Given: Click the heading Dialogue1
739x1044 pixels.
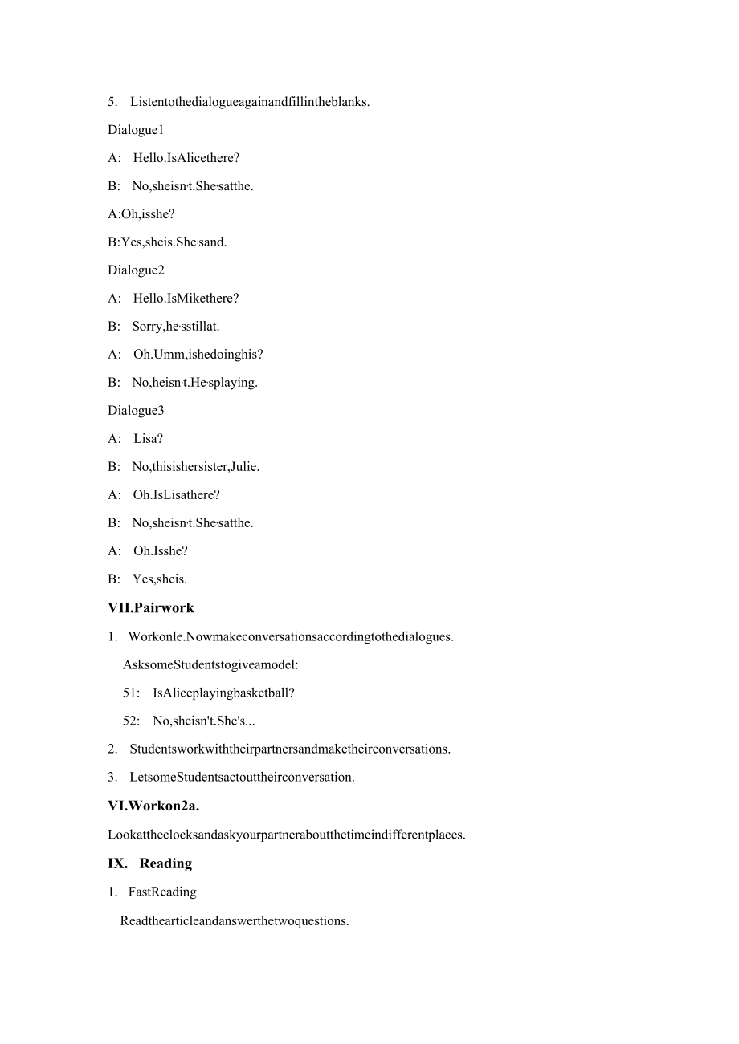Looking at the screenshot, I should [x=136, y=130].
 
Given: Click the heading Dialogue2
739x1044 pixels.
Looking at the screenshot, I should [x=136, y=270].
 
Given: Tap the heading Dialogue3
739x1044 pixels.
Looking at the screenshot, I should [x=136, y=411].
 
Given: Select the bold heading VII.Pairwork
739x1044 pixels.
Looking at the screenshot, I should [x=151, y=608].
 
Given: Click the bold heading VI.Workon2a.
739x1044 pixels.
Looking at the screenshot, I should [x=153, y=806].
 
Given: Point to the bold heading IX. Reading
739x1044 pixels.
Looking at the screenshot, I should [x=150, y=863].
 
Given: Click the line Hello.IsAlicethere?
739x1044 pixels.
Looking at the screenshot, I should [x=186, y=158].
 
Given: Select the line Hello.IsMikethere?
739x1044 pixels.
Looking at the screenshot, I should [x=186, y=299].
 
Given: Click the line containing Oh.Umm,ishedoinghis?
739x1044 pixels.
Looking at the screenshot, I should [x=198, y=355].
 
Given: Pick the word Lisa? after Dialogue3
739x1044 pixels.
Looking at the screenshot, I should [x=149, y=439].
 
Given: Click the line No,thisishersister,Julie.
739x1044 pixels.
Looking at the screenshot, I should [x=195, y=467].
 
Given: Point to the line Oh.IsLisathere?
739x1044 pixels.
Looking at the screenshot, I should [x=176, y=495].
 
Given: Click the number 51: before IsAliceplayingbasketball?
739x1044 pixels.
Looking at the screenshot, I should [x=131, y=693].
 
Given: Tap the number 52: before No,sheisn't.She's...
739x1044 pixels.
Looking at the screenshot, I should [x=131, y=721].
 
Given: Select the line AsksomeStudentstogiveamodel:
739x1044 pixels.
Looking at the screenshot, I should [x=210, y=664].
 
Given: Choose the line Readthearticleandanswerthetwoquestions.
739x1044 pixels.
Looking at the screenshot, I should [x=235, y=921].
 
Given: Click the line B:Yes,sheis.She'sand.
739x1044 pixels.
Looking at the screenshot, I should [x=167, y=242].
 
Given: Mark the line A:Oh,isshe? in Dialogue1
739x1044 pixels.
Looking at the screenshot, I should [x=141, y=214].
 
